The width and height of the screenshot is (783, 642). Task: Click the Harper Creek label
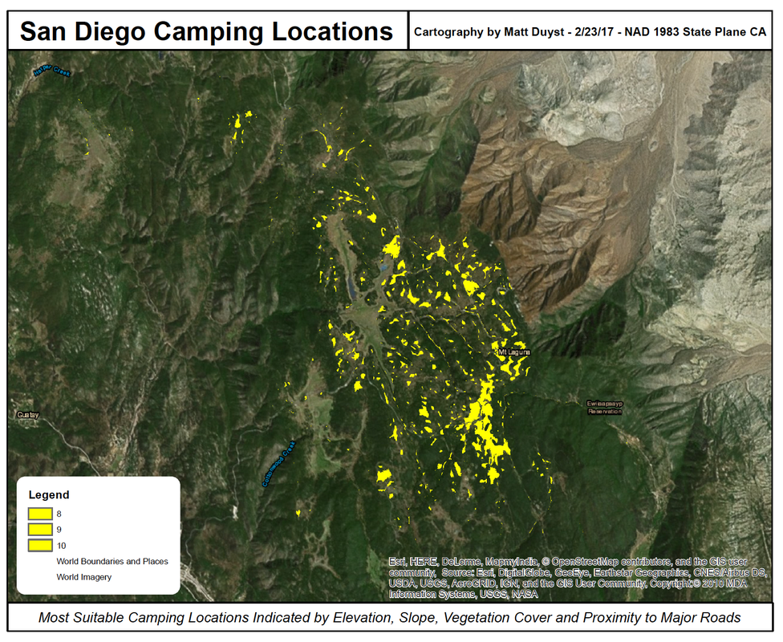click(x=52, y=71)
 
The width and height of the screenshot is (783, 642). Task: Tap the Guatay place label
click(x=28, y=415)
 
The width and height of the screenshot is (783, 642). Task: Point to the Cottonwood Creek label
click(x=279, y=464)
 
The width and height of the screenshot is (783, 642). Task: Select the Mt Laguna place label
click(x=514, y=351)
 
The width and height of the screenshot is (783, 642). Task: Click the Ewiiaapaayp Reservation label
click(x=604, y=407)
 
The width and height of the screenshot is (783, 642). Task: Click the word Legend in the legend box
click(x=49, y=495)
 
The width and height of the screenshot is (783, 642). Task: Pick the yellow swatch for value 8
click(x=40, y=514)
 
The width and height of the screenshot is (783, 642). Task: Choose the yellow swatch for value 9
click(x=40, y=530)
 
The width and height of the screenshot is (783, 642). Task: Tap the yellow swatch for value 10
click(x=40, y=546)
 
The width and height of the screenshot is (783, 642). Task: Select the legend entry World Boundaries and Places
click(x=112, y=561)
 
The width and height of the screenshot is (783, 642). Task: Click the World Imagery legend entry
click(x=84, y=577)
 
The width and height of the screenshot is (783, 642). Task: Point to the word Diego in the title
click(x=112, y=31)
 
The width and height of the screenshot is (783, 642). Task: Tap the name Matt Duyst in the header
click(x=530, y=32)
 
